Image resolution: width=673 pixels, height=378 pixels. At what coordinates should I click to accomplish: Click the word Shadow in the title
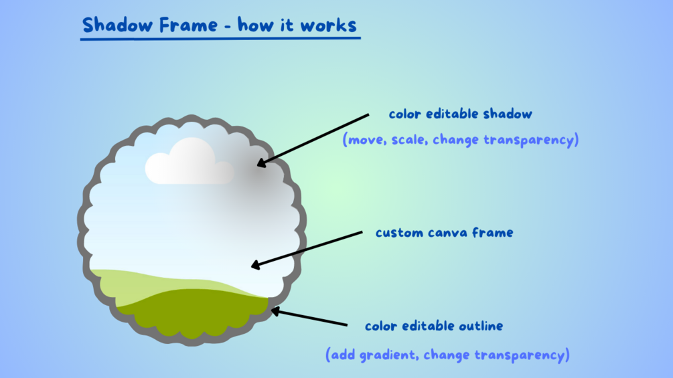pos(117,25)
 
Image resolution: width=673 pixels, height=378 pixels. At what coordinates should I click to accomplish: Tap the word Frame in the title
pos(188,25)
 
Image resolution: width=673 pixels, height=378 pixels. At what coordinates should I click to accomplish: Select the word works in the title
pos(328,25)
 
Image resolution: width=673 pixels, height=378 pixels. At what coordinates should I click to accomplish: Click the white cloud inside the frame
pos(190,161)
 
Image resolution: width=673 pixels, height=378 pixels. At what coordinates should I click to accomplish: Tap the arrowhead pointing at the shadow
pos(262,163)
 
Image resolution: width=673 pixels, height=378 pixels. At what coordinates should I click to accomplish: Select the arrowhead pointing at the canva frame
pos(256,265)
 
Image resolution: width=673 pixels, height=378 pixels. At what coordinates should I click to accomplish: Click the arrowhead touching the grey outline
pos(276,312)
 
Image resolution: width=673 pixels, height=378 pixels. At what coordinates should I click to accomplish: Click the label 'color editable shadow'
pos(460,114)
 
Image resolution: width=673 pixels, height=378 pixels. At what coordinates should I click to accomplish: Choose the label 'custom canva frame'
pos(444,233)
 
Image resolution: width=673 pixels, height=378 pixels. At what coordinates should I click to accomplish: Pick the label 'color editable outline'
pos(434,326)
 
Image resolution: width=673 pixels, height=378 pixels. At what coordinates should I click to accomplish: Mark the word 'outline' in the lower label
pos(481,326)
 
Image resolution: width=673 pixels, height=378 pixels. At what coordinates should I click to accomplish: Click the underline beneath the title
pos(220,39)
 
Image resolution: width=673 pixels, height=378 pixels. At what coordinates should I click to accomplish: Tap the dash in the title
pos(228,27)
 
